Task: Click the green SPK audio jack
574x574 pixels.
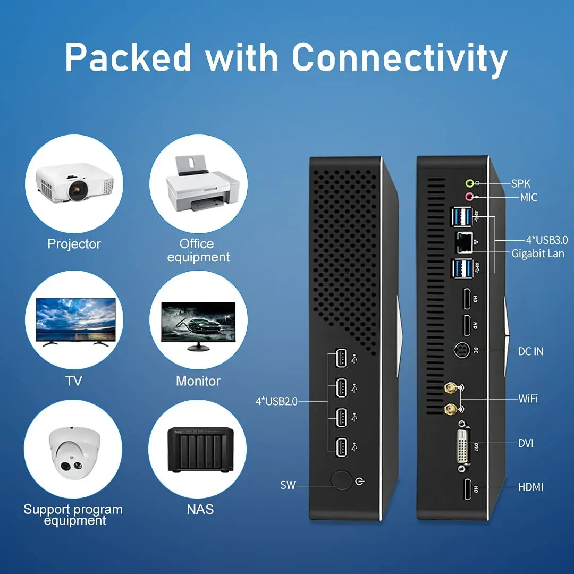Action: point(469,183)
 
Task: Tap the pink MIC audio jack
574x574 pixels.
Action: point(469,197)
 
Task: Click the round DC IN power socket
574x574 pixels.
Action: point(462,351)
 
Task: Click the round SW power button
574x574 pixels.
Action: point(341,480)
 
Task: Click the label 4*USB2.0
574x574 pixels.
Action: point(276,401)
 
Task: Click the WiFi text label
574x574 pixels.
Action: point(528,398)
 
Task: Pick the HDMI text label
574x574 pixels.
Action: point(530,486)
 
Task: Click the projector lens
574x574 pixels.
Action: point(79,188)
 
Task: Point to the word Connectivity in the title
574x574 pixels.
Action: point(400,57)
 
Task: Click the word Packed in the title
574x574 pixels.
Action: point(128,57)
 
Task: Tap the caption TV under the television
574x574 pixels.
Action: point(73,381)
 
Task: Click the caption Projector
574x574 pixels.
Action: point(74,244)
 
